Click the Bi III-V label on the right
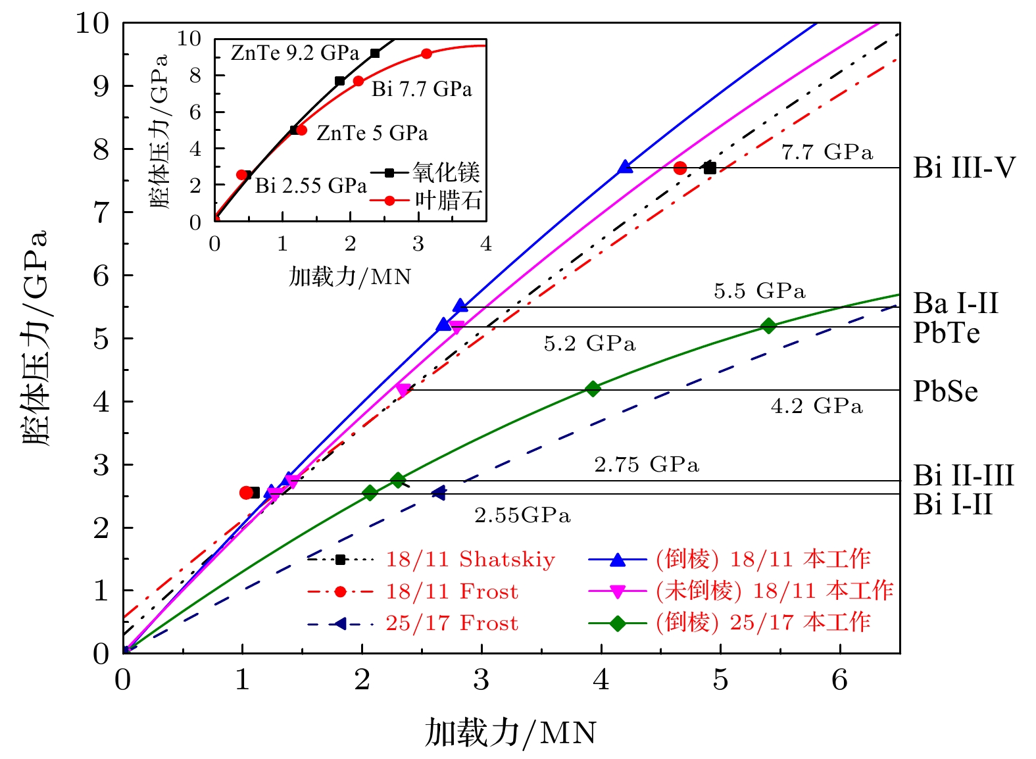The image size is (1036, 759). pos(964,168)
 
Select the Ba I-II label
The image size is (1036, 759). pos(956,304)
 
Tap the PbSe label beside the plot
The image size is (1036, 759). pos(945,392)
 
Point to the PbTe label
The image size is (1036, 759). pos(947,333)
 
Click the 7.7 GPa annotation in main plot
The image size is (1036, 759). pos(827,153)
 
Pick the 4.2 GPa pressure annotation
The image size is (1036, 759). pos(816,406)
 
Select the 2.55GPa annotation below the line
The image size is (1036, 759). pos(522,515)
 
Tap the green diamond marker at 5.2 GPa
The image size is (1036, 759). pos(768,326)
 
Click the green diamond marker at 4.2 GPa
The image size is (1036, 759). pos(593,389)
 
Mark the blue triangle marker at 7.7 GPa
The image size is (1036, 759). pos(626,168)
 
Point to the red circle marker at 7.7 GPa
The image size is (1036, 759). pos(680,168)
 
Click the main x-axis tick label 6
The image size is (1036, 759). pos(839,680)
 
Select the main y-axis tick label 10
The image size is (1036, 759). pos(92,24)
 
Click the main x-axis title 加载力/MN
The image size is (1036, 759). pos(510,733)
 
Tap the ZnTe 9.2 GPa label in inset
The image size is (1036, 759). pos(295,53)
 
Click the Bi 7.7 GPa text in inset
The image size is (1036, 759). pos(422,89)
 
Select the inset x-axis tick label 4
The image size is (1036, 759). pos(485,244)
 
